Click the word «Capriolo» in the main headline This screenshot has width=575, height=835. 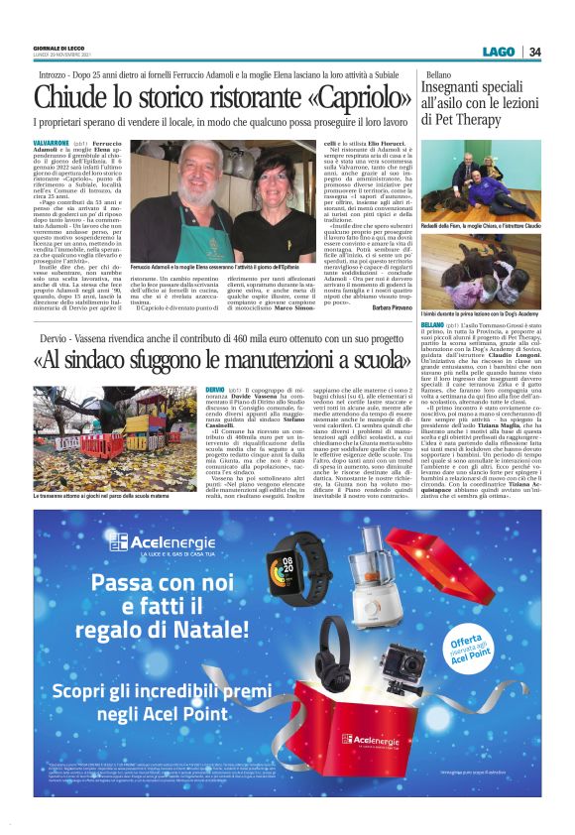click(336, 97)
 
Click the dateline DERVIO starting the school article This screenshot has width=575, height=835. click(215, 392)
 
